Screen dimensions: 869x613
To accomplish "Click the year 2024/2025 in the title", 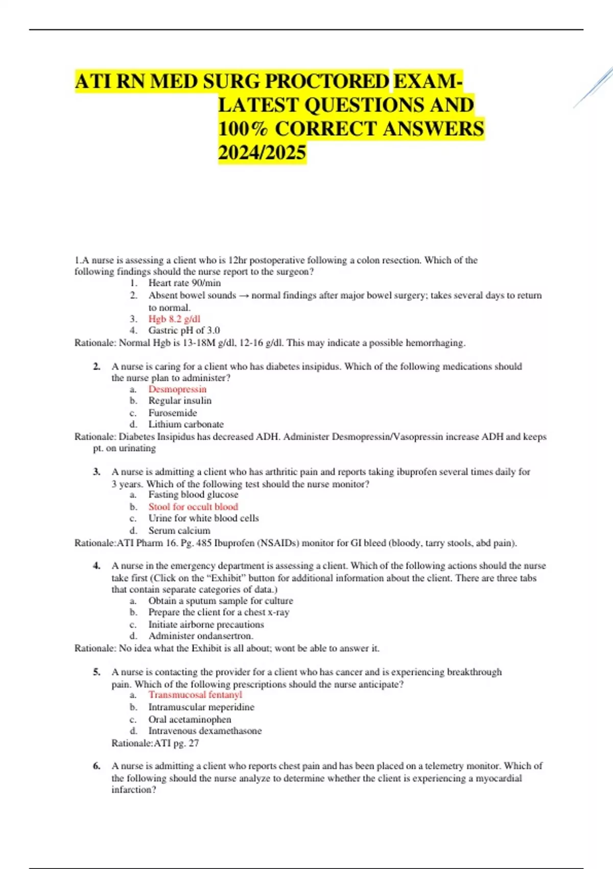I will (262, 153).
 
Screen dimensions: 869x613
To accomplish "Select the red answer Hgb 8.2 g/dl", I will (174, 319).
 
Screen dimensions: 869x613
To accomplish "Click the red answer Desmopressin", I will (177, 390).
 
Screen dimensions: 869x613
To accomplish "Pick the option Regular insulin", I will (180, 401).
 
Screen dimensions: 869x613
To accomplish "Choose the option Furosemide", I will (173, 413).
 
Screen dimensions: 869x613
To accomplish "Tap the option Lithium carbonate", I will (186, 424).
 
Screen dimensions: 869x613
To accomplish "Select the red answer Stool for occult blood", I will (193, 507).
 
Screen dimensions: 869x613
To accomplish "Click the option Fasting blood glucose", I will (193, 495).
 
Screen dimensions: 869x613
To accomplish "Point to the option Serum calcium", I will (179, 531).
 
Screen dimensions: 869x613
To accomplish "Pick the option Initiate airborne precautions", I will (206, 625).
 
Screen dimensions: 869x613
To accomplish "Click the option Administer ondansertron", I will (201, 636).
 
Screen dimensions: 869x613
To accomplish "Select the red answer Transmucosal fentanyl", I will (195, 695).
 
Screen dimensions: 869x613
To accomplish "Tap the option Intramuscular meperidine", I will (201, 707).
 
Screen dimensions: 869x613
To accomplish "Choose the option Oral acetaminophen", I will (190, 719).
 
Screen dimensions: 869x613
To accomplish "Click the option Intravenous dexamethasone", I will (205, 731).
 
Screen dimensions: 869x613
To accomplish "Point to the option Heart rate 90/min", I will (184, 283).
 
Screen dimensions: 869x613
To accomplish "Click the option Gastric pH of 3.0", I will (184, 331).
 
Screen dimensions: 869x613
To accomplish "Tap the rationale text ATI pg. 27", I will (155, 743).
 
